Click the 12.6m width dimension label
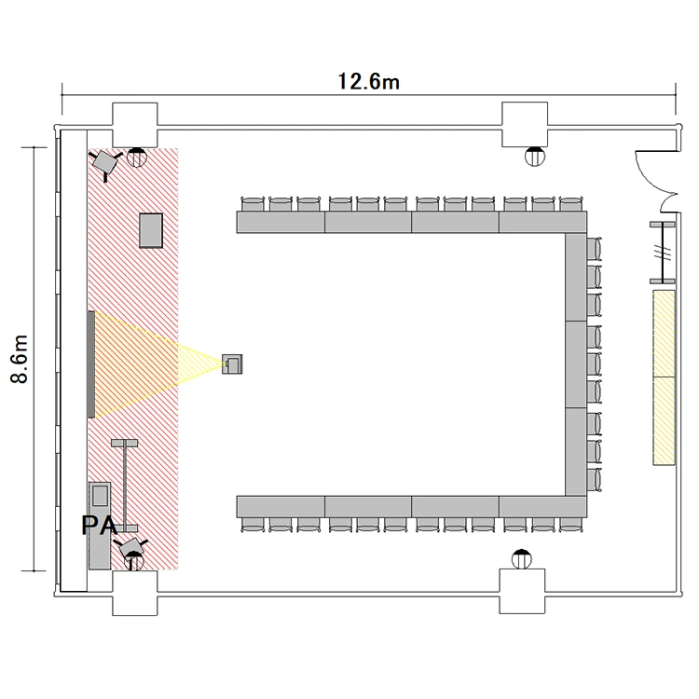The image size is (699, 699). [x=369, y=82]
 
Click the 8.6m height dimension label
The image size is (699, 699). [x=20, y=359]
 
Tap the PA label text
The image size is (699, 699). [x=100, y=525]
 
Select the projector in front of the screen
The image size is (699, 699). [x=232, y=363]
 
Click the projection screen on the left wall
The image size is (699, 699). [x=91, y=364]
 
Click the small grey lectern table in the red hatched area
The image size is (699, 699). [x=151, y=230]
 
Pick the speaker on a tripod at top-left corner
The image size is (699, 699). [x=105, y=163]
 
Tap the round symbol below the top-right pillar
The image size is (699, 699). [x=535, y=157]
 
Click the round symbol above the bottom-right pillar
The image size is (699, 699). [x=522, y=559]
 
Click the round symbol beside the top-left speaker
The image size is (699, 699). [x=136, y=158]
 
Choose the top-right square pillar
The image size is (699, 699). [x=525, y=124]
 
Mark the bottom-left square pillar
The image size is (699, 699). [x=134, y=593]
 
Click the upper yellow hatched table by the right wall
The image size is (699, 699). [x=665, y=334]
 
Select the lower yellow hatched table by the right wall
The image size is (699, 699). [x=665, y=421]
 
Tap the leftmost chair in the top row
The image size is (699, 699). [x=253, y=204]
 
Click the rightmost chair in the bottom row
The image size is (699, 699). [x=570, y=525]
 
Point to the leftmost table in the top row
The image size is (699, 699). [x=281, y=222]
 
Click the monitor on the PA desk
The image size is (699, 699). [x=100, y=495]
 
